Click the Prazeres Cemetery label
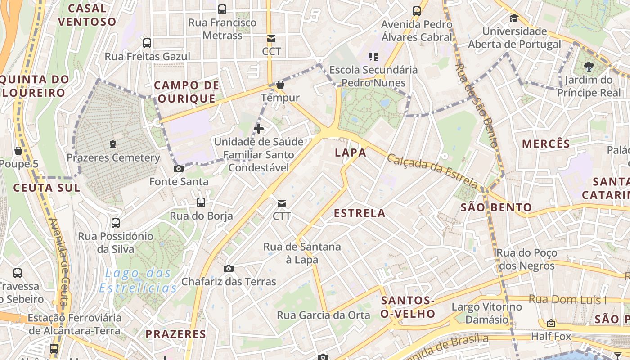coord(113,158)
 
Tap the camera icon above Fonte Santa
coord(179,169)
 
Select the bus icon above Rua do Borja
coord(201,202)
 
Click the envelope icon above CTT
coord(282,203)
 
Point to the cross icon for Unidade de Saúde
coord(259,129)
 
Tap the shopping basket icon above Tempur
coord(280,85)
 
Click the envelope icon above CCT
coord(271,39)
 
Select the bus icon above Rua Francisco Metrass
coord(222,9)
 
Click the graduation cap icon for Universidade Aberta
coord(514,18)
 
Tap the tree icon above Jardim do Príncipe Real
coord(588,67)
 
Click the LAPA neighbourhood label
coord(351,153)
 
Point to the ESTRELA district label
coord(360,213)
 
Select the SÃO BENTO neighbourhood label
coord(496,207)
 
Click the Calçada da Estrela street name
coord(432,171)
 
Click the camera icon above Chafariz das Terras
coord(229,269)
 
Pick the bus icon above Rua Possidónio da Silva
coord(116,223)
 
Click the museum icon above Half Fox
coord(551,323)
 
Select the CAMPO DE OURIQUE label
coord(187,92)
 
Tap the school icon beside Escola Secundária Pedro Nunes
coord(373,57)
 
